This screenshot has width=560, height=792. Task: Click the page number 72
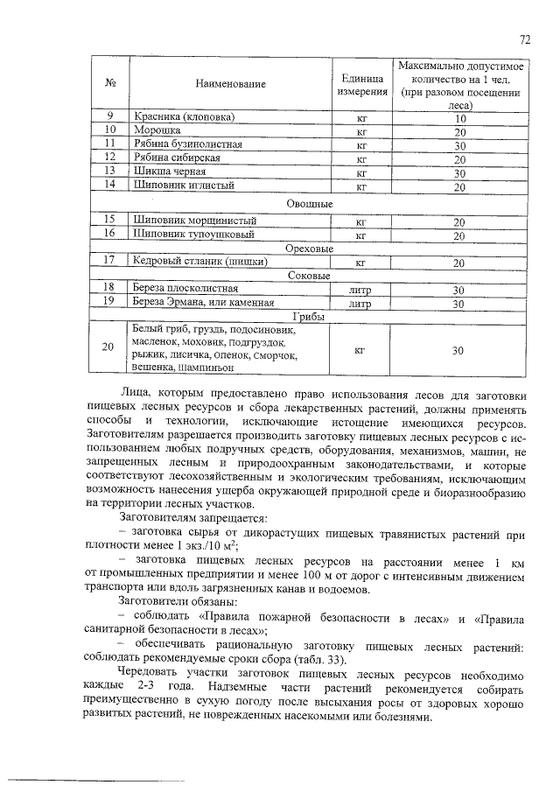click(x=525, y=39)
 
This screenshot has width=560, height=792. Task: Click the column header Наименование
click(x=230, y=84)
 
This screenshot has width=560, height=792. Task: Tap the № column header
click(x=111, y=84)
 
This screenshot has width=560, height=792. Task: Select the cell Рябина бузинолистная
click(x=186, y=144)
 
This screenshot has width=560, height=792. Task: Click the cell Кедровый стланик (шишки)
click(x=199, y=261)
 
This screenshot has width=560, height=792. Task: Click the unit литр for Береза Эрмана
click(x=360, y=305)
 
